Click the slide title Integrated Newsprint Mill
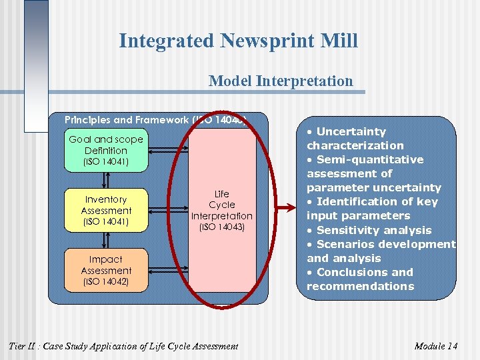238,41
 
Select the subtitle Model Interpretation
281,81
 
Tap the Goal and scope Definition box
106,150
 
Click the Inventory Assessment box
106,210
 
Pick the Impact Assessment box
106,270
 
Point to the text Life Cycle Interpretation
222,205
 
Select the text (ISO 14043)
222,227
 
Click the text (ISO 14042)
106,282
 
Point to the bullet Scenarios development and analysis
380,251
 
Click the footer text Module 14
435,346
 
